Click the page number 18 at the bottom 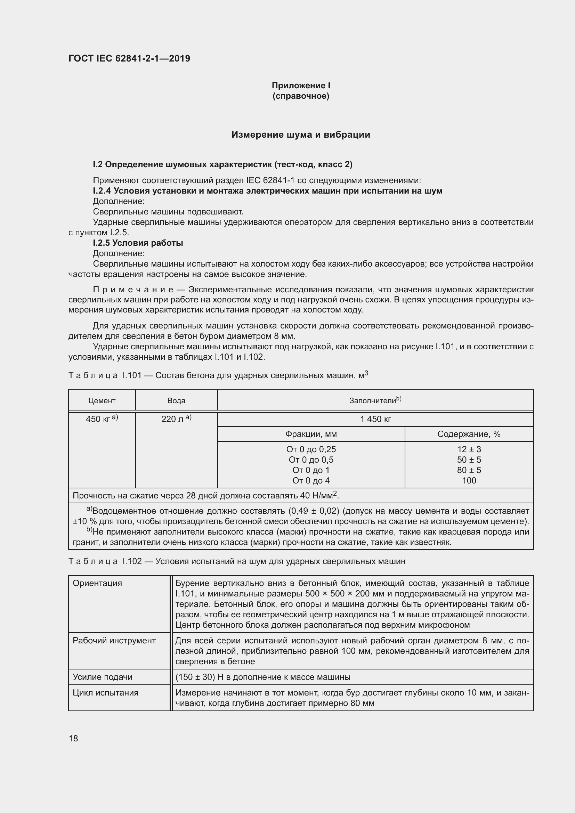point(73,738)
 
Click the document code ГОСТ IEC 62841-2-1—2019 point(129,58)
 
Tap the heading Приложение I point(301,86)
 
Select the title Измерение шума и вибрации point(301,135)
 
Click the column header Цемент point(102,400)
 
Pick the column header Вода point(176,400)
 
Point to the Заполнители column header point(375,400)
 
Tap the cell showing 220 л point(176,419)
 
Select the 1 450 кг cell point(375,419)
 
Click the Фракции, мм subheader point(311,434)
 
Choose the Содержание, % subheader point(469,434)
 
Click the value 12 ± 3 point(469,449)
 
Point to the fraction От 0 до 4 point(311,480)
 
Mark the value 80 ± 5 point(469,470)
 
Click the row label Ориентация point(97,583)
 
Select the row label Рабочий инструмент point(114,641)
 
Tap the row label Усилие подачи point(102,677)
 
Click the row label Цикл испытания point(106,693)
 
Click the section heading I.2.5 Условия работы point(138,243)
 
